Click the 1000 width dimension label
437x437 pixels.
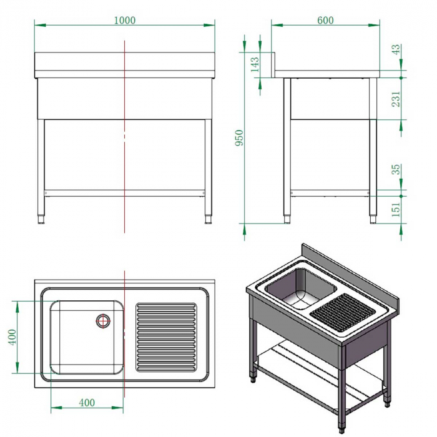click(x=125, y=20)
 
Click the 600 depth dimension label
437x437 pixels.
click(x=325, y=20)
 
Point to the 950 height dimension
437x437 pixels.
click(x=238, y=138)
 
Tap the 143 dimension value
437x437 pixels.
click(x=255, y=66)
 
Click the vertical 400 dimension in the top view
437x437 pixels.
click(x=12, y=337)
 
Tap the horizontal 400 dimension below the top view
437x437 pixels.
click(x=87, y=403)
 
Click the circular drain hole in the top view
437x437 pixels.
click(x=102, y=321)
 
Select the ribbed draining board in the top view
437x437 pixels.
click(x=166, y=337)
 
